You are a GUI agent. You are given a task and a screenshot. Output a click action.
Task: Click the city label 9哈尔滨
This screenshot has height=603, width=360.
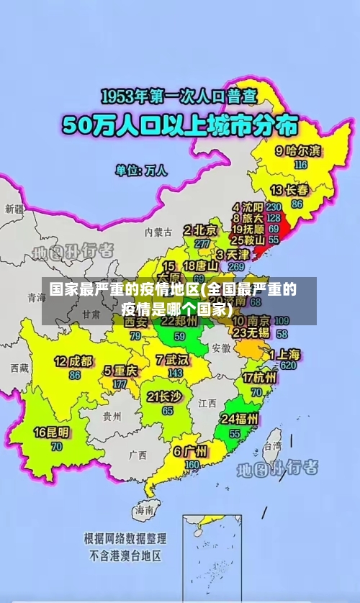[298, 151]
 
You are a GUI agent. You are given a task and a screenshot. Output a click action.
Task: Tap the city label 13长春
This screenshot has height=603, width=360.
[289, 191]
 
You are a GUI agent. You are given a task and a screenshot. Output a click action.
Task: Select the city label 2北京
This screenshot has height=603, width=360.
[200, 230]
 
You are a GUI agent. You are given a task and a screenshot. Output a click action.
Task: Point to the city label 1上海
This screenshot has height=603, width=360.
[285, 354]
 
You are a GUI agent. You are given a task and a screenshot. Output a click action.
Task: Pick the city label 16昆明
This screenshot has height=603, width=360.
[52, 432]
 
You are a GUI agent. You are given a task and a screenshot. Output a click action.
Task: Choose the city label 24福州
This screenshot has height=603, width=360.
[240, 419]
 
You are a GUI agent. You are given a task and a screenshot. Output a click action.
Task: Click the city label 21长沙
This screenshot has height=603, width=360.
[166, 396]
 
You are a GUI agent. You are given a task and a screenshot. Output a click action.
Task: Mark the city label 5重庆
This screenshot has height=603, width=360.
[120, 371]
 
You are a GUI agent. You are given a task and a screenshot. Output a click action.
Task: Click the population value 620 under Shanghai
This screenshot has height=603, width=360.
[289, 366]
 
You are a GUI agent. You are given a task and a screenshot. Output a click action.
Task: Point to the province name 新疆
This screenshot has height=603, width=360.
[14, 209]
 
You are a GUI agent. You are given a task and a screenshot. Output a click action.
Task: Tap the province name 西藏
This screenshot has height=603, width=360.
[19, 368]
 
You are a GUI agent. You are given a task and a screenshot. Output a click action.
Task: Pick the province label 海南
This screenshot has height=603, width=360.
[143, 509]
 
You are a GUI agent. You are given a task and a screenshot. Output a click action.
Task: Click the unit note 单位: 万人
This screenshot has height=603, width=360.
[141, 171]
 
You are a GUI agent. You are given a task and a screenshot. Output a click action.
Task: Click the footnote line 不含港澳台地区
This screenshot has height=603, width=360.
[125, 556]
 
